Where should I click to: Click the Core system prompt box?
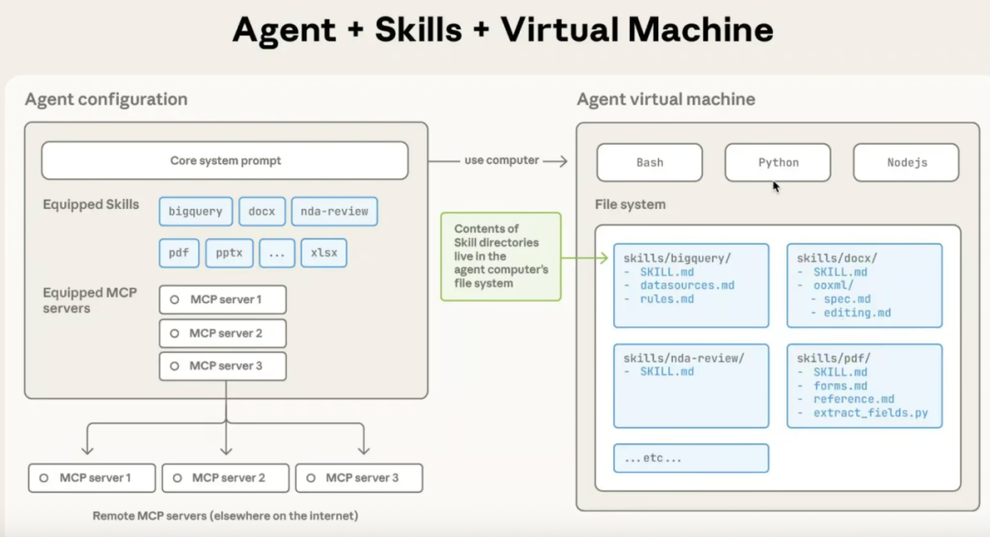(x=225, y=160)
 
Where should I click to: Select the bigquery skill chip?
(x=195, y=212)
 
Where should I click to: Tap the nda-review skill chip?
(x=334, y=212)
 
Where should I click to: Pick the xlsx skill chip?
(x=324, y=252)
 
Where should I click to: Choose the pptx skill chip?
(x=229, y=252)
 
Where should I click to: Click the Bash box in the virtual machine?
(x=649, y=162)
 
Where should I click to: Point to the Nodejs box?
(x=906, y=162)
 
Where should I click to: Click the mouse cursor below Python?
(x=775, y=187)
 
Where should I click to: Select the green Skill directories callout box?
(x=500, y=257)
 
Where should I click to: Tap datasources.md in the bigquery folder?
(x=687, y=286)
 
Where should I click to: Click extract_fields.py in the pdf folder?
(x=870, y=413)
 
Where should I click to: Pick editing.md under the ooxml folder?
(x=857, y=313)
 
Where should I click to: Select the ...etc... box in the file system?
(x=690, y=458)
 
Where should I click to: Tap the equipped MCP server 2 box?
(x=223, y=333)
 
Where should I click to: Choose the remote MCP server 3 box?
(x=359, y=477)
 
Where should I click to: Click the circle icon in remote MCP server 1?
(x=44, y=477)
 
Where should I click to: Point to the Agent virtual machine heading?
(x=665, y=99)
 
